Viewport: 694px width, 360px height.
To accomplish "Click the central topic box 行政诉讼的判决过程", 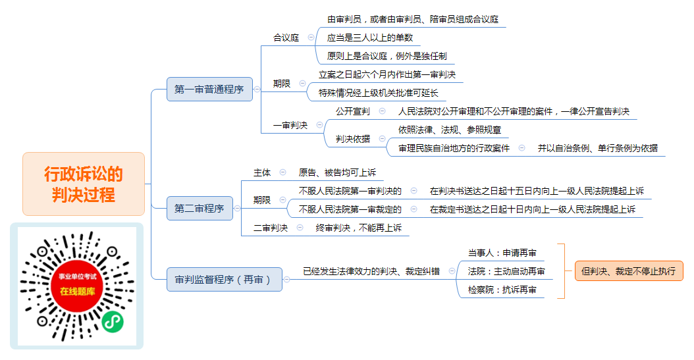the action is [x=84, y=184].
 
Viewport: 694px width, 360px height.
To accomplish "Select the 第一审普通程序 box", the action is [x=209, y=90].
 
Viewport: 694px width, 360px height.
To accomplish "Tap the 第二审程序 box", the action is [x=200, y=209].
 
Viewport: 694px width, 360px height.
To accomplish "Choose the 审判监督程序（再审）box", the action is [x=224, y=280].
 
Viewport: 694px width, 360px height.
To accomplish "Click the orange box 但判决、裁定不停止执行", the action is [x=629, y=271].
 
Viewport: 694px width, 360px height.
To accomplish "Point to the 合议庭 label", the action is [x=286, y=38].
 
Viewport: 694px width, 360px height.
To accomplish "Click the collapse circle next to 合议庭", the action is [x=311, y=37].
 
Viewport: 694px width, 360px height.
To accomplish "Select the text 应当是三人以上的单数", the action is [x=370, y=38].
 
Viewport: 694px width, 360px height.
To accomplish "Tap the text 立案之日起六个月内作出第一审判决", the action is [x=387, y=75].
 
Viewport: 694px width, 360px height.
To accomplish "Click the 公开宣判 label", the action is [x=353, y=111].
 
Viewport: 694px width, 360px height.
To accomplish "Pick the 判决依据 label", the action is [x=353, y=139].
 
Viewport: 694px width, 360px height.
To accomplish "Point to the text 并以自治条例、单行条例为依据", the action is [x=597, y=148].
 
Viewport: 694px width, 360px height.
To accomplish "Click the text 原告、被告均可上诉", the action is [x=337, y=172].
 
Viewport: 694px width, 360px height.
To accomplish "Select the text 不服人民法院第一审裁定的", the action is [x=350, y=209].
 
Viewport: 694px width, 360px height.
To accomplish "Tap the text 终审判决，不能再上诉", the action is [x=358, y=228].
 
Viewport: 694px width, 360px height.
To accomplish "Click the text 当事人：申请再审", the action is [x=502, y=253].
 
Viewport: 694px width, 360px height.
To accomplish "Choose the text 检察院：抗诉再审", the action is [x=502, y=290].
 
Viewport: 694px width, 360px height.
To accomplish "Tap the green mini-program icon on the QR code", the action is [x=113, y=322].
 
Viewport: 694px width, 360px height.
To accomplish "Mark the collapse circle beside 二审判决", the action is [x=300, y=227].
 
